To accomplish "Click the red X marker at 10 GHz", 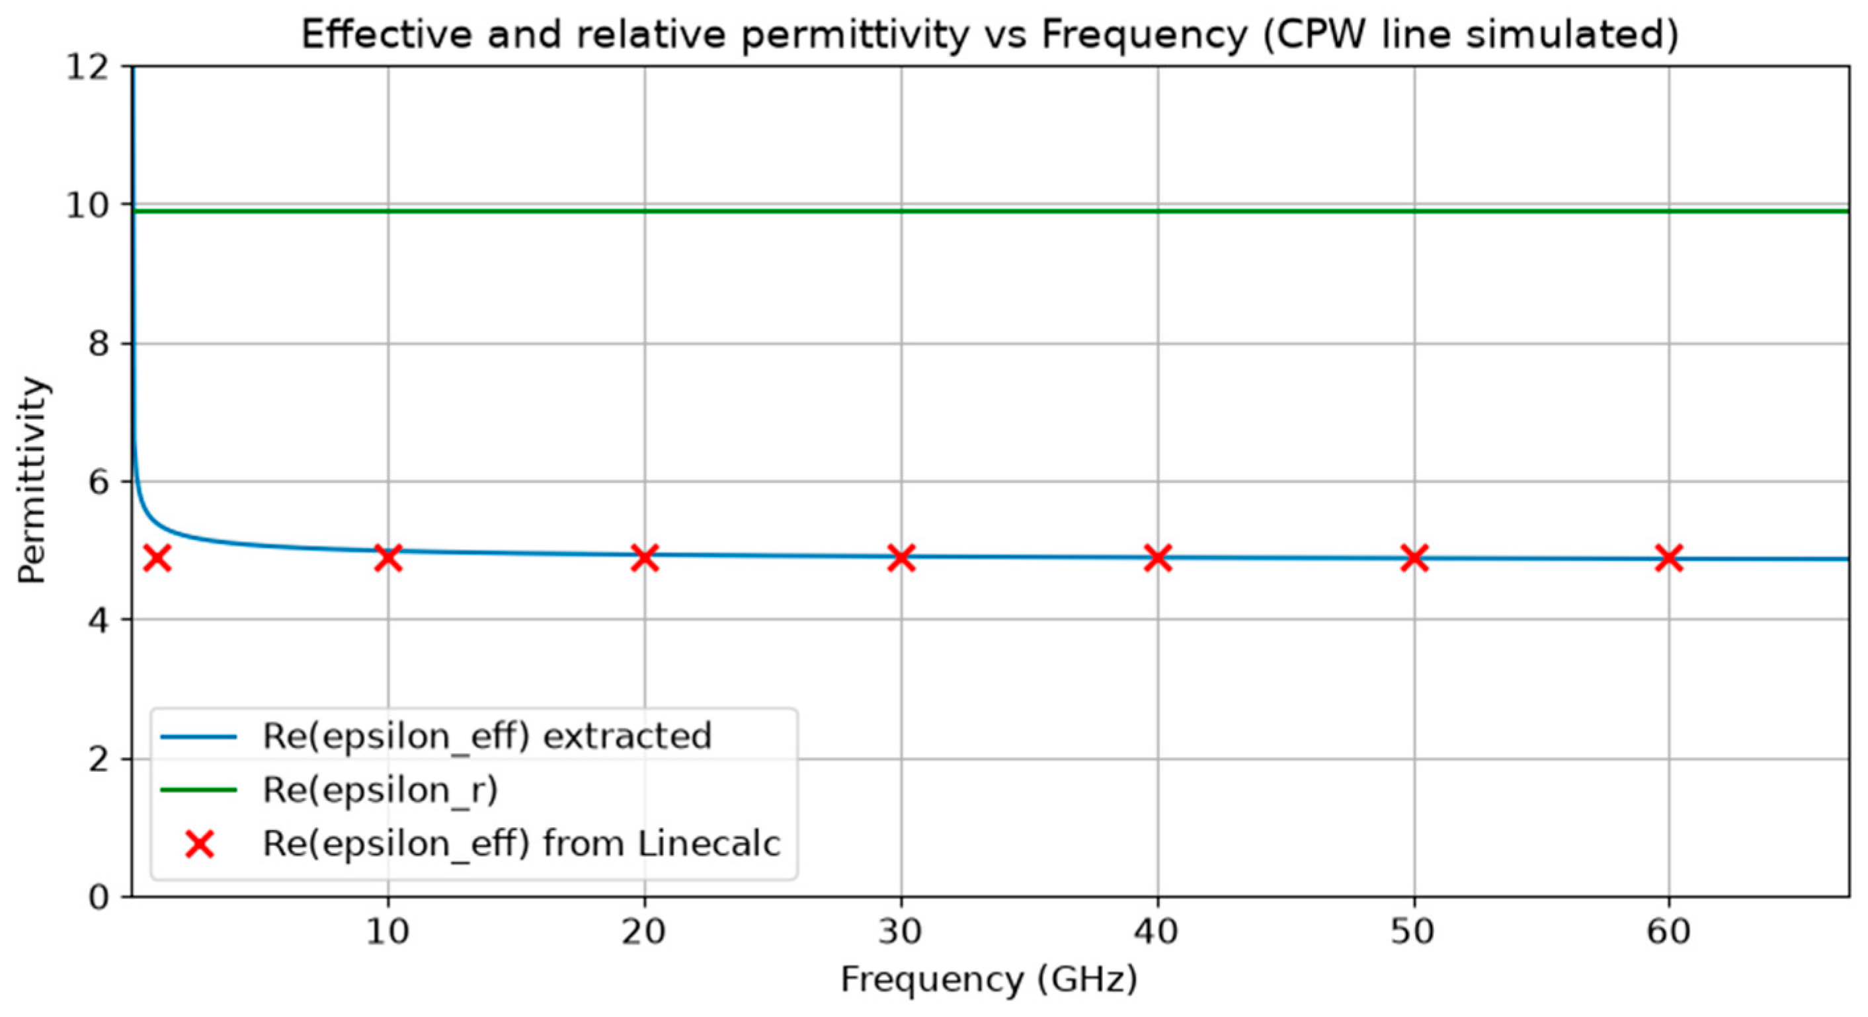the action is point(388,558).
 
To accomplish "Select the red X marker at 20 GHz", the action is point(645,558).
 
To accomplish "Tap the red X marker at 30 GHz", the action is point(901,558).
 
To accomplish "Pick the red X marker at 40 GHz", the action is point(1157,558).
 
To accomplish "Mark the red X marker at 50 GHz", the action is point(1414,558).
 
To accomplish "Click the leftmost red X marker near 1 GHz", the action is point(157,558).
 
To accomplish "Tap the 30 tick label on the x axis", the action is point(901,933).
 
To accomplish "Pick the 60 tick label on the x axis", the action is point(1668,933).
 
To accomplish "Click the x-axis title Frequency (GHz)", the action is point(989,981).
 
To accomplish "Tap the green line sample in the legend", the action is point(198,790).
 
